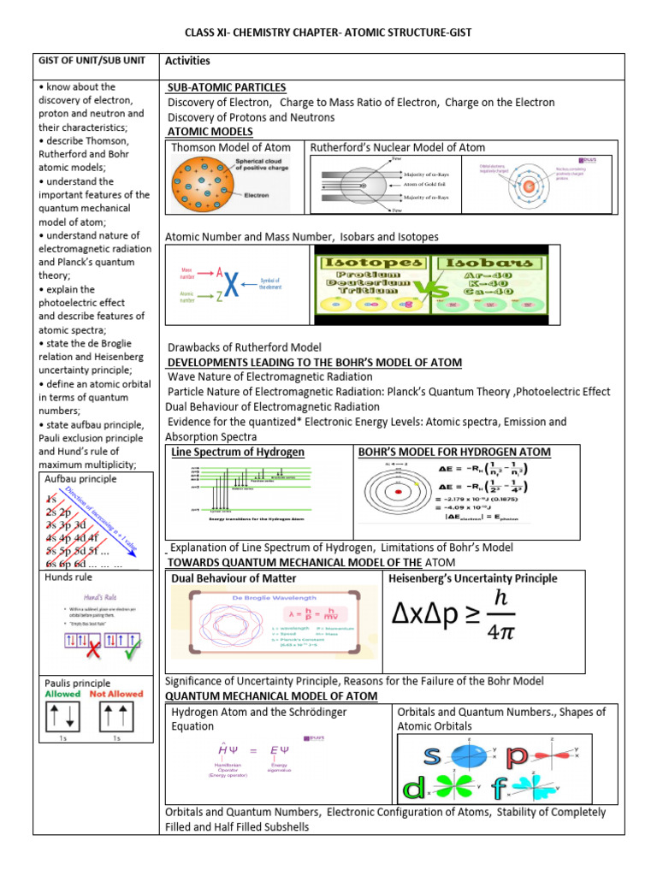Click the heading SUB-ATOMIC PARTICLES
click(x=226, y=87)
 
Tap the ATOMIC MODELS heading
click(x=210, y=131)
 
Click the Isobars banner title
click(x=492, y=262)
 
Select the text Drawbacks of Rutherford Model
click(x=244, y=347)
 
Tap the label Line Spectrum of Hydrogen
click(x=238, y=452)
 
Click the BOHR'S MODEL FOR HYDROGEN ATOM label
click(x=454, y=452)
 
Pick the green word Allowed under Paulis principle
click(x=64, y=694)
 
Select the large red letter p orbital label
click(x=518, y=755)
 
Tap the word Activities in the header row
click(x=187, y=62)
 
